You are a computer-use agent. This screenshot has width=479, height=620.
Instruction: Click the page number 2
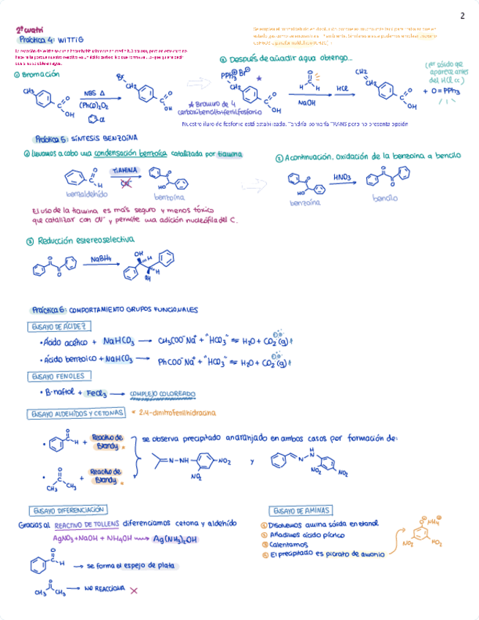pos(462,16)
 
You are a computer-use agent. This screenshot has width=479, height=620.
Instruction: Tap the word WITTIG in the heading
pos(81,39)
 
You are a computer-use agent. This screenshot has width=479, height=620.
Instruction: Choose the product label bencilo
pos(385,198)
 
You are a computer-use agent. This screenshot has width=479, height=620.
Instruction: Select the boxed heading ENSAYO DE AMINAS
pos(301,510)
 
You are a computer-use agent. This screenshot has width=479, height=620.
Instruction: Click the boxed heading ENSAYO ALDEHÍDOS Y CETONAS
pos(76,414)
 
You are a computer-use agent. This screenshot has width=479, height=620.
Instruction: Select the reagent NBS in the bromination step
pos(91,94)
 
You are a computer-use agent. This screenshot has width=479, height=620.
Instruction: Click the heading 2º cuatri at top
pos(30,30)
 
